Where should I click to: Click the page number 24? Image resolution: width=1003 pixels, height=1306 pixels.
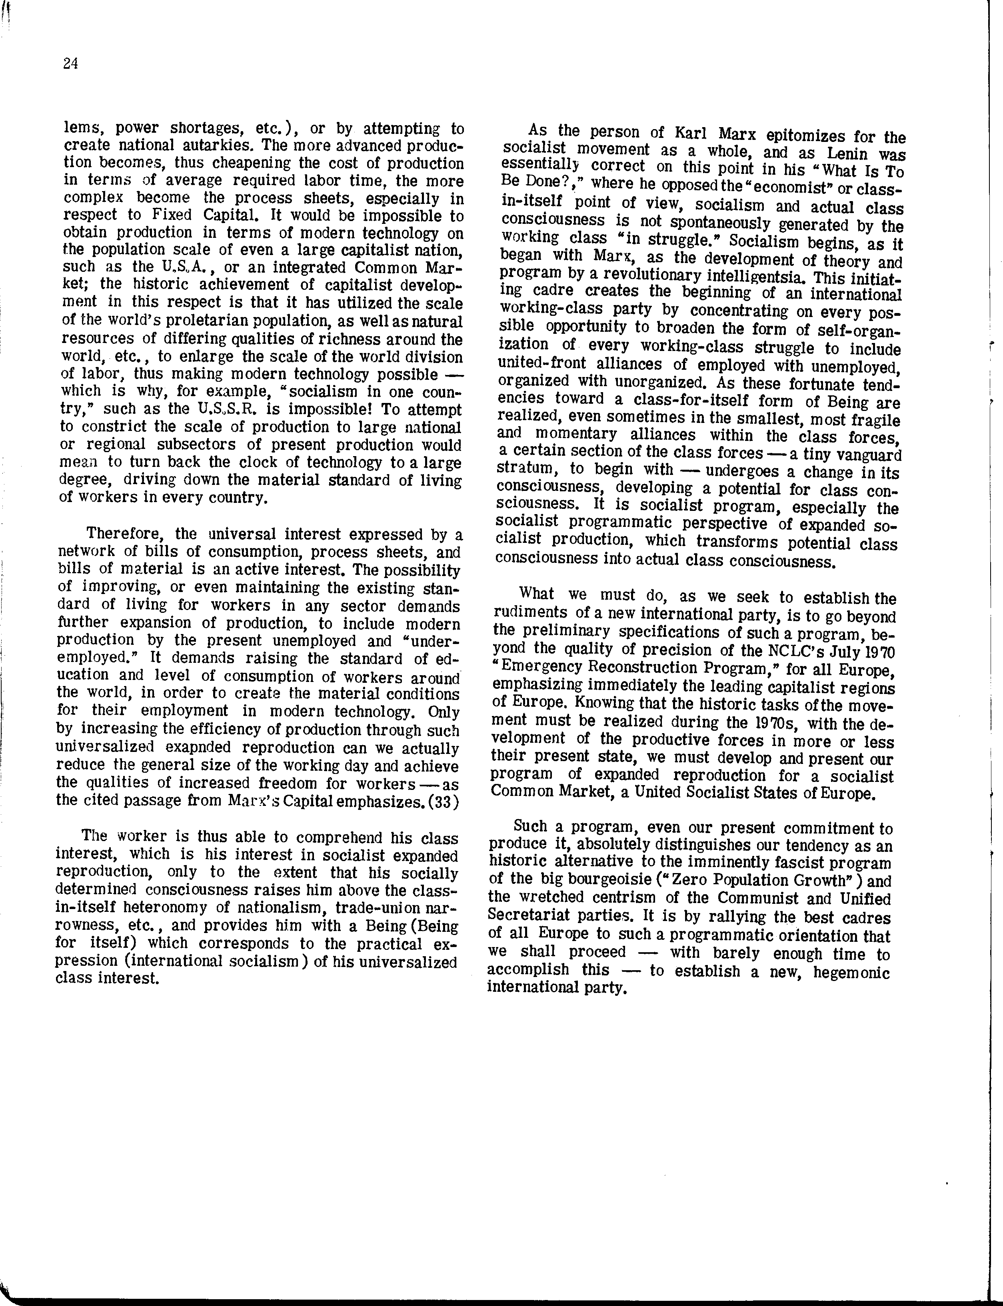click(70, 64)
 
